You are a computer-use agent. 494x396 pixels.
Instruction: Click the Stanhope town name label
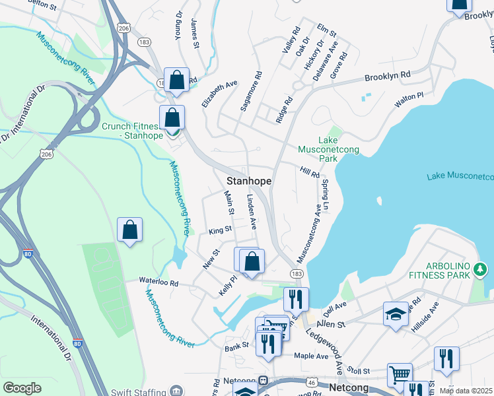pyautogui.click(x=250, y=180)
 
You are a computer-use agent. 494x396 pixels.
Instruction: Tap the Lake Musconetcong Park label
pyautogui.click(x=338, y=150)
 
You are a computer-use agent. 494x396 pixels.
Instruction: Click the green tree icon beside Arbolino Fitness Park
pyautogui.click(x=480, y=269)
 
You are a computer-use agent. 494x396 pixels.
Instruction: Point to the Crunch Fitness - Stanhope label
pyautogui.click(x=130, y=131)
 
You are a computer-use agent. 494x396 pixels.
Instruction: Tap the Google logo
pyautogui.click(x=22, y=388)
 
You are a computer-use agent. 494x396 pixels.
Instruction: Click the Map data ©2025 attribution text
pyautogui.click(x=466, y=391)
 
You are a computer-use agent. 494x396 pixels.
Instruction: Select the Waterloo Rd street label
pyautogui.click(x=159, y=281)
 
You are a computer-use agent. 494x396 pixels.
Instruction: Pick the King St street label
pyautogui.click(x=220, y=230)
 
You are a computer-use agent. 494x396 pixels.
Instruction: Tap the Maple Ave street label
pyautogui.click(x=311, y=356)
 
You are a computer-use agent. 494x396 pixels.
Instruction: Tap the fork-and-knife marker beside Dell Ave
pyautogui.click(x=296, y=298)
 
